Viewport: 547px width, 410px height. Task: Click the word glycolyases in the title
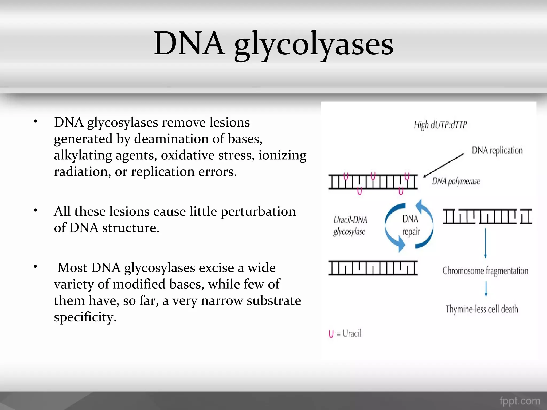[314, 44]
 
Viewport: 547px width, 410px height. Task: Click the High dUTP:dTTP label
[440, 125]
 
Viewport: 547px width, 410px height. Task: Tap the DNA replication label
[497, 151]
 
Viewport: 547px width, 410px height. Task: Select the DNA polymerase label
[456, 182]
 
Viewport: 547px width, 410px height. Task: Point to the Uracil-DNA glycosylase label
[350, 226]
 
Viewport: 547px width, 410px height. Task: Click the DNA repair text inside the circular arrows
[411, 225]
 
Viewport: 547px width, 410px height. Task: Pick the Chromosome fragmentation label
[485, 271]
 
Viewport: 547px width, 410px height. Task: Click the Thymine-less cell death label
[482, 309]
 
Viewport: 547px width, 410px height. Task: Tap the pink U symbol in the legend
[331, 334]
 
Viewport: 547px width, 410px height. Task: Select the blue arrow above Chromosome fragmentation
[485, 243]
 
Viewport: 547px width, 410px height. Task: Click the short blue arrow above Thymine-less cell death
[486, 289]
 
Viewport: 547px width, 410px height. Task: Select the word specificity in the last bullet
[85, 317]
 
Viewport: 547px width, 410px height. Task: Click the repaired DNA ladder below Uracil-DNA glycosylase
[373, 268]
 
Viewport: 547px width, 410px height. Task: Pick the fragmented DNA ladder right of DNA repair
[487, 216]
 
